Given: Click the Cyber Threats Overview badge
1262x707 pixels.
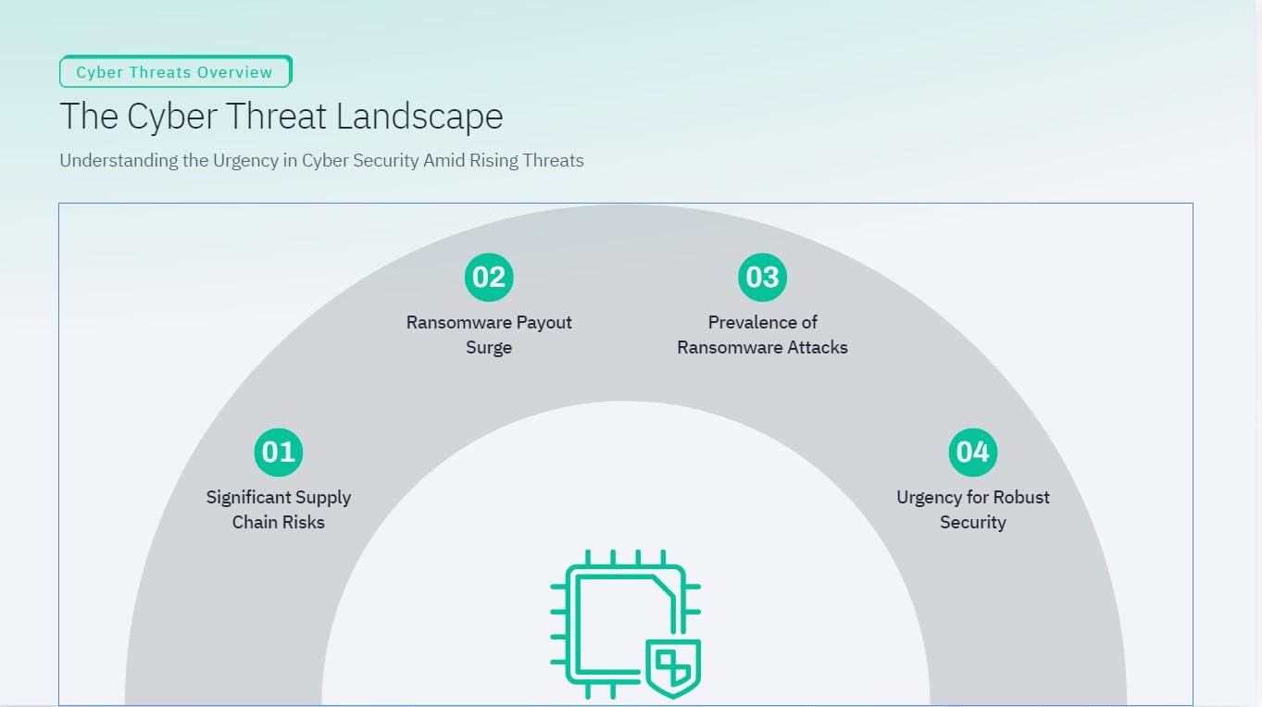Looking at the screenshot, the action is (x=175, y=72).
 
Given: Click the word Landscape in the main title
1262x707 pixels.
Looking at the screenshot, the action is (x=419, y=117).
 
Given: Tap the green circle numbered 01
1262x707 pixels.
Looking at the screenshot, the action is (x=279, y=452).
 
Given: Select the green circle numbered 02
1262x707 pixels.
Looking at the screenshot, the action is (x=489, y=277).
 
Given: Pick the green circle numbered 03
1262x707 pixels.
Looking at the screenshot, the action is (x=762, y=277).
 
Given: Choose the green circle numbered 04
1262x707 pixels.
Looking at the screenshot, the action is (x=972, y=452).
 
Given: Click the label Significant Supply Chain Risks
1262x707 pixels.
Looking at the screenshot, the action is (x=279, y=510).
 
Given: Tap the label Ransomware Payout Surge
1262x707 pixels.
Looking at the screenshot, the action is (x=489, y=335).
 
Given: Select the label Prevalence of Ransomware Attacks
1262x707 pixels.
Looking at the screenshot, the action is (x=762, y=335).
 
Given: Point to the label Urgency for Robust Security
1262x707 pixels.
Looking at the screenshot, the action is (x=972, y=510).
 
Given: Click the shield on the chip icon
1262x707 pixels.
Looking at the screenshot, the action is (x=673, y=666).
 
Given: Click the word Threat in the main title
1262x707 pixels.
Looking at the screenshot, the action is (x=276, y=117).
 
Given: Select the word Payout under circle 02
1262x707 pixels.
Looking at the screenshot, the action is (x=544, y=322).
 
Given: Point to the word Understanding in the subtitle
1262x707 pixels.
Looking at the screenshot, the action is (x=119, y=160).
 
